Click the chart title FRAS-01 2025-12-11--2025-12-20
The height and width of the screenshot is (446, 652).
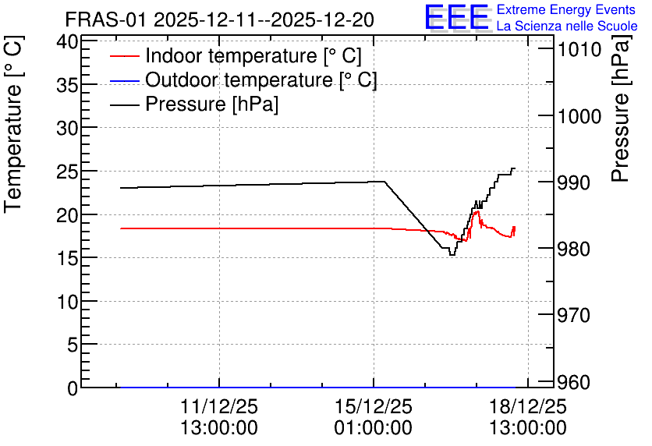point(220,19)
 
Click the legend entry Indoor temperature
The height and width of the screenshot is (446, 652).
point(253,55)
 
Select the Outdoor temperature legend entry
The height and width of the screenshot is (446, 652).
point(261,80)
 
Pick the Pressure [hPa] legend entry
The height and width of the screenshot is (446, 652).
point(211,104)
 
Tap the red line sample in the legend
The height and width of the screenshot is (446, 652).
point(124,56)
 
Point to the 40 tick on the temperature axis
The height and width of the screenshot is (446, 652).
point(67,41)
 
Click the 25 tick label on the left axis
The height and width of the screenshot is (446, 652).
point(67,172)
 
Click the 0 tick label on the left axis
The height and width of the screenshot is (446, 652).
point(73,388)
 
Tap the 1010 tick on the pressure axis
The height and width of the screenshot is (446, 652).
point(579,49)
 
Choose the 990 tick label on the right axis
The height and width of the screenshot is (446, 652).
point(574,182)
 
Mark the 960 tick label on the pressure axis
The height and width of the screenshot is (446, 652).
point(574,382)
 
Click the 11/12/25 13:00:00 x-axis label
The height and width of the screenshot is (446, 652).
point(219,417)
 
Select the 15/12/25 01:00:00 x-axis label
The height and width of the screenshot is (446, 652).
point(374,417)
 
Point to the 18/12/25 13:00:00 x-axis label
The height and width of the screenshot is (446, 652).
point(528,417)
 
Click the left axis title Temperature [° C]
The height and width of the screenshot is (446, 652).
point(13,125)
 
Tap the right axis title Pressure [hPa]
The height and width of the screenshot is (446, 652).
point(620,108)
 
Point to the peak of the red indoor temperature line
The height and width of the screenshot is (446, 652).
point(477,211)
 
